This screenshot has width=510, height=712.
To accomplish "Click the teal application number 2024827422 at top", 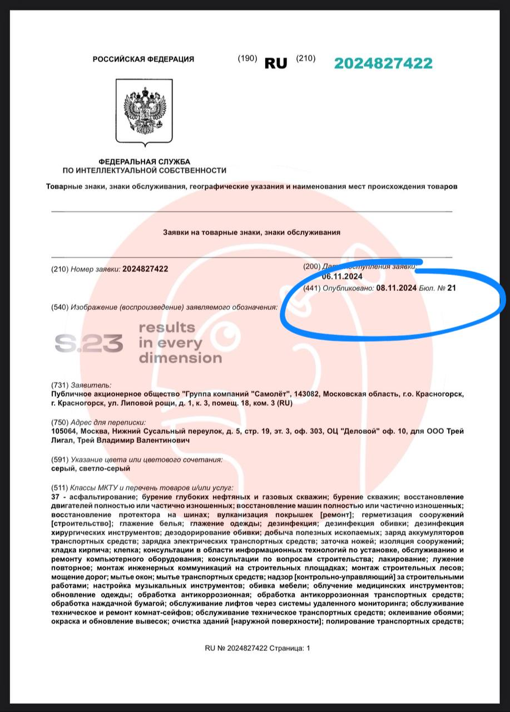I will pos(383,63).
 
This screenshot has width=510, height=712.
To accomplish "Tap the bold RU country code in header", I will pos(276,63).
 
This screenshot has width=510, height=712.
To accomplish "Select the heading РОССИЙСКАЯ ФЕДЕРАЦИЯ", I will pos(143,60).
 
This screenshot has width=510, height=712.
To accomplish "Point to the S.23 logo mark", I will pos(89,344).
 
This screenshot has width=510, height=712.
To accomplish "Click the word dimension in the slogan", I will pos(180,358).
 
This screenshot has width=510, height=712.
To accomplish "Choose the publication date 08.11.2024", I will pos(397,288).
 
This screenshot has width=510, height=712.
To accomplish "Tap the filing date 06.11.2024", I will pos(342,276).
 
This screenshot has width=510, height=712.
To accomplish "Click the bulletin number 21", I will pos(443,288).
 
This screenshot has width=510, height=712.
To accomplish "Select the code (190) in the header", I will pos(247,58).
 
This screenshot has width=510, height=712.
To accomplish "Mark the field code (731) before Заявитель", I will pos(60,385).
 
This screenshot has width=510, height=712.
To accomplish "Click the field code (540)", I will pos(60,307).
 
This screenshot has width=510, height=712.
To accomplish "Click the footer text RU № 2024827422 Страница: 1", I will pos(258,648).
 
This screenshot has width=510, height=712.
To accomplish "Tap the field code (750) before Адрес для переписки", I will pos(60,422).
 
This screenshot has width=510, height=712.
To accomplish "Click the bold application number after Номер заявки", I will pos(145,269).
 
